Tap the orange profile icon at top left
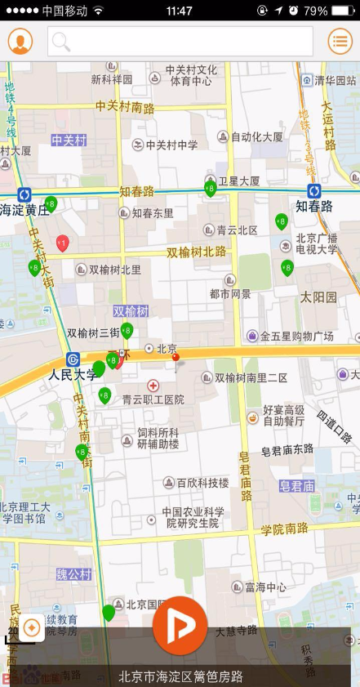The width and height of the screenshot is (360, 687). pyautogui.click(x=20, y=41)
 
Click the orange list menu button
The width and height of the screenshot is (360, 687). pyautogui.click(x=340, y=41)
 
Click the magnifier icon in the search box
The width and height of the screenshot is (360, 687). pyautogui.click(x=61, y=42)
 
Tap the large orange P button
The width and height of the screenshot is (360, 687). pyautogui.click(x=180, y=624)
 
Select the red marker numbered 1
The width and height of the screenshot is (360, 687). pyautogui.click(x=62, y=243)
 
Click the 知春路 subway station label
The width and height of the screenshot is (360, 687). pyautogui.click(x=314, y=206)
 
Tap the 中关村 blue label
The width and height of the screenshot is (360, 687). pyautogui.click(x=69, y=140)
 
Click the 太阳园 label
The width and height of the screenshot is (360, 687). pyautogui.click(x=318, y=297)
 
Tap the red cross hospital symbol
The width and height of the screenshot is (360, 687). pyautogui.click(x=153, y=385)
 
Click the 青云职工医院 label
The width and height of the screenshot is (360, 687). pyautogui.click(x=153, y=399)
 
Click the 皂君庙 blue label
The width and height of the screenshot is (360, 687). pyautogui.click(x=297, y=486)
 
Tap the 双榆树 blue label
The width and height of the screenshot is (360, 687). pyautogui.click(x=131, y=311)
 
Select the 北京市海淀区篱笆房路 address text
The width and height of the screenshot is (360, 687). pyautogui.click(x=180, y=676)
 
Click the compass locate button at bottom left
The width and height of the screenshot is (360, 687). pyautogui.click(x=33, y=627)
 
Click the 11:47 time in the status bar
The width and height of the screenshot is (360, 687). pyautogui.click(x=179, y=11)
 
